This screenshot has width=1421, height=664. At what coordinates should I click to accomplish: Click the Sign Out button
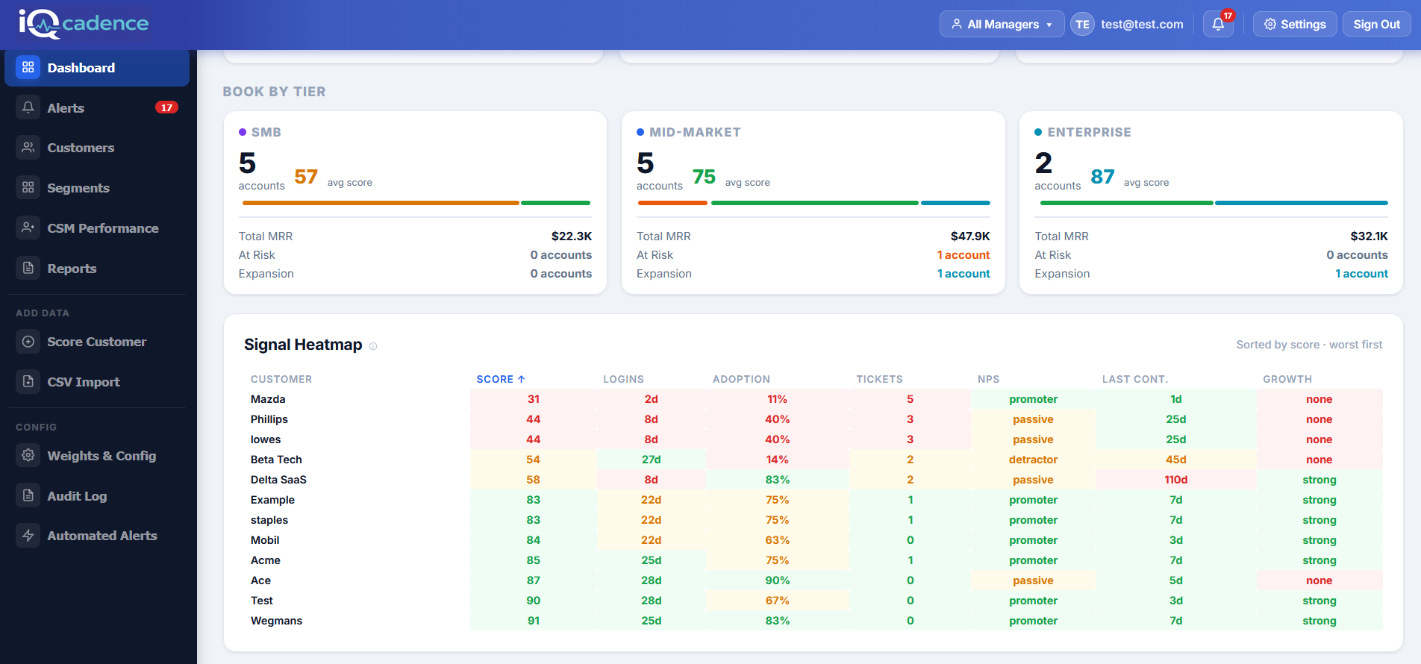click(1376, 24)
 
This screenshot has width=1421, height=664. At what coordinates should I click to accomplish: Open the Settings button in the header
click(1294, 24)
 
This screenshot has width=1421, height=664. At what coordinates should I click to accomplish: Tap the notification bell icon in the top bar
click(1218, 24)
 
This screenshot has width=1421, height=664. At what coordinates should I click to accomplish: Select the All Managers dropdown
click(1002, 24)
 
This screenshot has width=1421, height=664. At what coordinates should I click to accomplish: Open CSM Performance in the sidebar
click(102, 228)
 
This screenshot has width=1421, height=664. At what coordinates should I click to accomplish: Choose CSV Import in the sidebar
click(83, 382)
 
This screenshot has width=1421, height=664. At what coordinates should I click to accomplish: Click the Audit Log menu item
click(77, 496)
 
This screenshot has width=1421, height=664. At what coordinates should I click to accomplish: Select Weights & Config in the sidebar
click(101, 456)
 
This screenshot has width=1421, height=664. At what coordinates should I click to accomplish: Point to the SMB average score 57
click(306, 177)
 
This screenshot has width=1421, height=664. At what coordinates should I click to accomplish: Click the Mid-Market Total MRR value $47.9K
click(969, 236)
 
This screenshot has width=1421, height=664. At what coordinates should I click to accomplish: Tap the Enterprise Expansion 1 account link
click(1361, 274)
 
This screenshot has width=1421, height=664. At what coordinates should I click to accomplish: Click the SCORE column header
click(500, 379)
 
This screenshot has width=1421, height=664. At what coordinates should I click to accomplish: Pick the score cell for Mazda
click(533, 399)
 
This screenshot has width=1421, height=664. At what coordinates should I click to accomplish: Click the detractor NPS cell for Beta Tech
click(1033, 460)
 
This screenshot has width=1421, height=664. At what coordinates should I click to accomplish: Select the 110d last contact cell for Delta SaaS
click(1175, 480)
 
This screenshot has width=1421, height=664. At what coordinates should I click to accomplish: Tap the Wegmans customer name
click(276, 621)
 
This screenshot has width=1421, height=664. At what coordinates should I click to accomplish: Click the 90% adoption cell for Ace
click(777, 580)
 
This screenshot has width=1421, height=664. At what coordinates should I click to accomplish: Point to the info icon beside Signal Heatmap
click(373, 346)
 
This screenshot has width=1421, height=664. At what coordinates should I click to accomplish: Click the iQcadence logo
click(84, 24)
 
